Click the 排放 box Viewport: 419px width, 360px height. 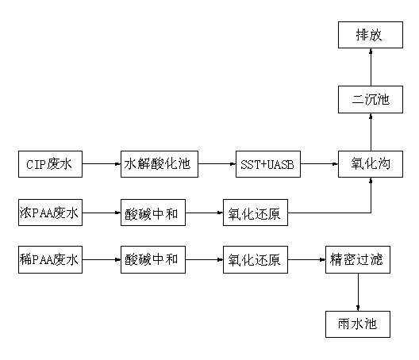(371, 35)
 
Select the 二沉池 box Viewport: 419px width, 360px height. (371, 99)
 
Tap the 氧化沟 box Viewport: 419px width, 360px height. (371, 164)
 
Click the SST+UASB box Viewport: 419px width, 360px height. (268, 164)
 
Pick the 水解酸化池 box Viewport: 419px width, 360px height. (160, 164)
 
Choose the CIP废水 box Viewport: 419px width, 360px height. (50, 164)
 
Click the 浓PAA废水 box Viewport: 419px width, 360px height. (50, 213)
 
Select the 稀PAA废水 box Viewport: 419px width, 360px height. (50, 259)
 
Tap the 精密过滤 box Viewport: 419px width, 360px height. (358, 259)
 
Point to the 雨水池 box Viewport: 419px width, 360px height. (358, 324)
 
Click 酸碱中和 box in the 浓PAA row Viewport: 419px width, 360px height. (153, 213)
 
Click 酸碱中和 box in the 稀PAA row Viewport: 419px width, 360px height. (153, 259)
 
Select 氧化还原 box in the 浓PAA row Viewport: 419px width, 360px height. (256, 213)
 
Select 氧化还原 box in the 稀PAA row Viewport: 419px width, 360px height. (256, 259)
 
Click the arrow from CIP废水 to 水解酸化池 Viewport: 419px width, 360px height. (102, 164)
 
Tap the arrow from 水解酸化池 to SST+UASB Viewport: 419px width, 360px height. (217, 164)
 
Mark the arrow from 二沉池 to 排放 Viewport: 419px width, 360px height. (371, 67)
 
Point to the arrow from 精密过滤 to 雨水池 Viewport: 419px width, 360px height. (358, 292)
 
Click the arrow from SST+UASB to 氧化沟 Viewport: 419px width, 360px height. (319, 164)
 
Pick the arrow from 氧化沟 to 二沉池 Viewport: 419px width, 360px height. (371, 132)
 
